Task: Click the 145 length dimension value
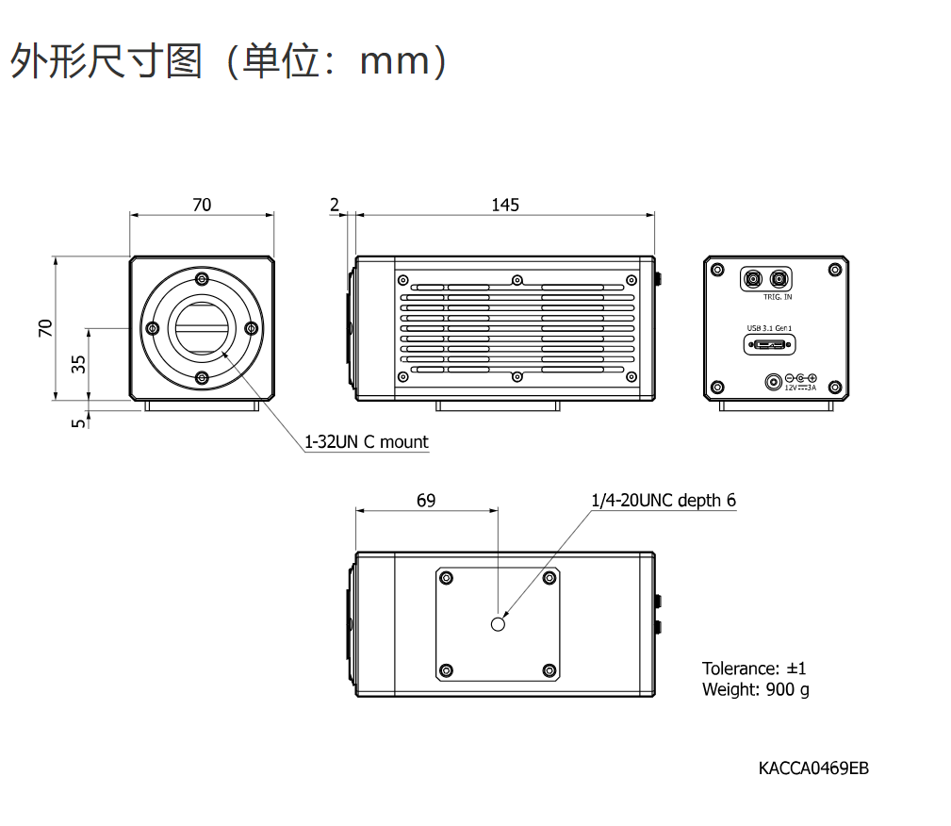pos(505,206)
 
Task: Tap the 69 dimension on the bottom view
pos(426,501)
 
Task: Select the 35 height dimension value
pos(78,364)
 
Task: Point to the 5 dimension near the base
pos(78,422)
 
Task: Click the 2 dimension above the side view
pos(335,206)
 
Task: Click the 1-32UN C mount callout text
pos(366,442)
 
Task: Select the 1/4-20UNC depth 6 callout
pos(664,500)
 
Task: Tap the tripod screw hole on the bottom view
pos(498,624)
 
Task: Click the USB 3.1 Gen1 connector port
pos(769,345)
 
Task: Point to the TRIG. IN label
pos(778,297)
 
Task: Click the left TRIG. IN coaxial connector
pos(753,279)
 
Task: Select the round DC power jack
pos(773,382)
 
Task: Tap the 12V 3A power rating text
pos(800,388)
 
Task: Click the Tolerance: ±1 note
pos(754,669)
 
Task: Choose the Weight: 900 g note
pos(756,689)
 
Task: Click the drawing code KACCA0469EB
pos(813,768)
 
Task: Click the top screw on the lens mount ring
pos(202,279)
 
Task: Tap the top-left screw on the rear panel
pos(717,270)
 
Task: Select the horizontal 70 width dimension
pos(202,206)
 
